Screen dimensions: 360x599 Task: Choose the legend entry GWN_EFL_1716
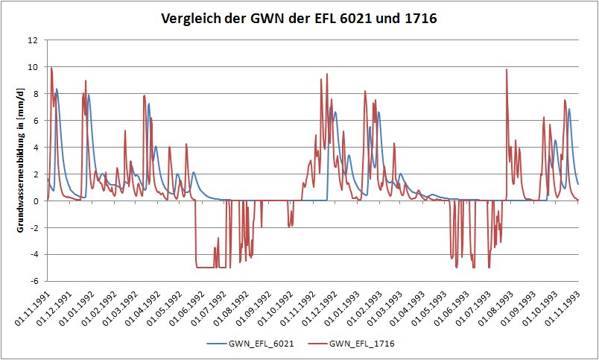[362, 344]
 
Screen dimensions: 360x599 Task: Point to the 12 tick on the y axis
[34, 40]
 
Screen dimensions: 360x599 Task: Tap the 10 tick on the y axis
[34, 67]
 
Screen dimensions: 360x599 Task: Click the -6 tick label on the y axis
[34, 281]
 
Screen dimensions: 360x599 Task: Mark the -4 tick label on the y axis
[34, 254]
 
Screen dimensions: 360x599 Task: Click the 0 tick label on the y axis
[36, 200]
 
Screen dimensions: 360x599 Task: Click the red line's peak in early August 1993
[507, 70]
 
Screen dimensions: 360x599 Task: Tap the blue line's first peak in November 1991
[57, 89]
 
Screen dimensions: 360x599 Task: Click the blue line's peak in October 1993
[569, 110]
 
